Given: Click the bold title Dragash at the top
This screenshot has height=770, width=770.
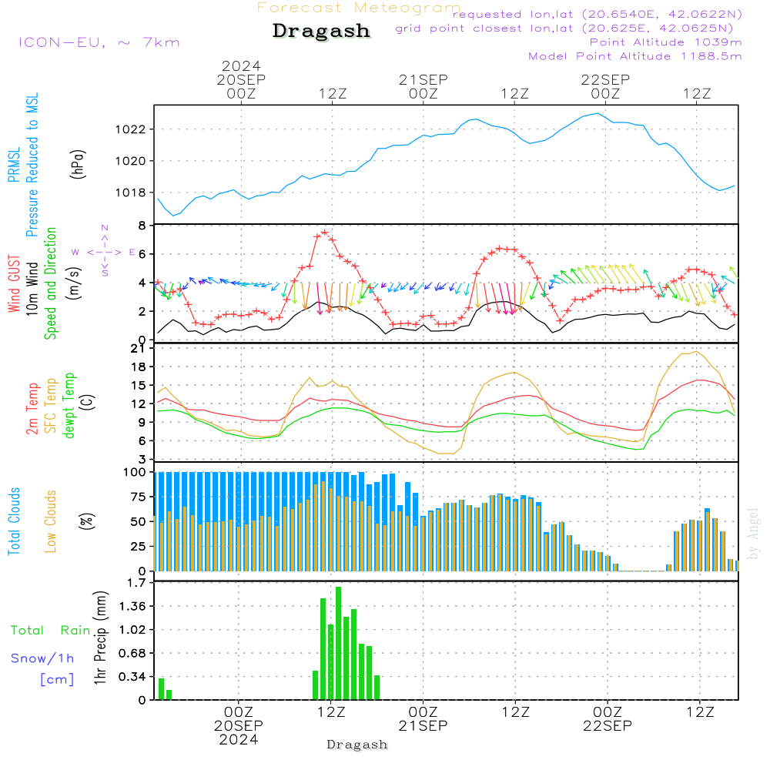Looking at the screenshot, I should click(x=321, y=31).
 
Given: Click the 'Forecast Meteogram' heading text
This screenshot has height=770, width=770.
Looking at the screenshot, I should click(x=359, y=8).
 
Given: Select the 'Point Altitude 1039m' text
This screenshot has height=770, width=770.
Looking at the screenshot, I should click(x=666, y=42).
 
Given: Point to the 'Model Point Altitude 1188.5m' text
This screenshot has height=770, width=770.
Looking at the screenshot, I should click(x=635, y=56).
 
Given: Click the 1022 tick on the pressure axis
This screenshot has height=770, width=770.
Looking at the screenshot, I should click(x=132, y=129).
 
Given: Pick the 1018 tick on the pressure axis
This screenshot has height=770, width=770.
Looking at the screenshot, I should click(x=132, y=192).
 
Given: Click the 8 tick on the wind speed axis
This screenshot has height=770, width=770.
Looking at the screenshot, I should click(x=142, y=226).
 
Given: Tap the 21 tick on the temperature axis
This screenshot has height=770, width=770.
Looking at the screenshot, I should click(x=139, y=349).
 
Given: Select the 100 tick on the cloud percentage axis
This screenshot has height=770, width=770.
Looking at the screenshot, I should click(x=135, y=472).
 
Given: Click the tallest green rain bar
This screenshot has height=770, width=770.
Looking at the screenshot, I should click(x=338, y=643).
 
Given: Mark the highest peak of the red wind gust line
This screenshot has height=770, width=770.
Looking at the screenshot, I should click(x=324, y=232).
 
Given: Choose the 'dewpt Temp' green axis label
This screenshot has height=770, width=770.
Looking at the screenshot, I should click(x=70, y=406).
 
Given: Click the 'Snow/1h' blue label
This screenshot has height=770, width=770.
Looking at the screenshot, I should click(x=42, y=658).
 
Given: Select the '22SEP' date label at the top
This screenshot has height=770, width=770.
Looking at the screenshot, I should click(x=605, y=79).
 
